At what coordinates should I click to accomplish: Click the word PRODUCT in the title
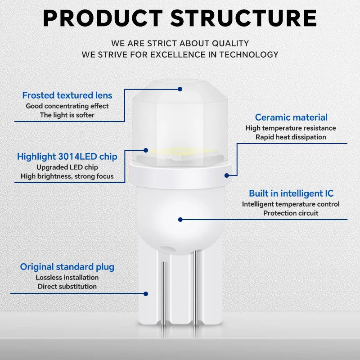(103, 18)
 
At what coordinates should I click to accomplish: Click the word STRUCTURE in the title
(243, 18)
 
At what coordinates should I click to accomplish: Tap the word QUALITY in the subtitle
(230, 43)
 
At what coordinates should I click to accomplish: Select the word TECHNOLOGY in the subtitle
(249, 54)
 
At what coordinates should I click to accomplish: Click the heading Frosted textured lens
(67, 95)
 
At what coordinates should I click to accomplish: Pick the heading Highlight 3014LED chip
(67, 157)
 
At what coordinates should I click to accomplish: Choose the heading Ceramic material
(291, 117)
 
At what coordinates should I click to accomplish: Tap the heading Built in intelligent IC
(291, 193)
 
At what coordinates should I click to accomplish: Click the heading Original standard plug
(67, 267)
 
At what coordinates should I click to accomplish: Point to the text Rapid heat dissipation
(291, 137)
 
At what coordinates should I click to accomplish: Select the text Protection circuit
(291, 213)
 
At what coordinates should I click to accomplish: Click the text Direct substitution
(67, 286)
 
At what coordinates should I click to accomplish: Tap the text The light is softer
(67, 115)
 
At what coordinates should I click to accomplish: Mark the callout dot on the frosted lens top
(180, 89)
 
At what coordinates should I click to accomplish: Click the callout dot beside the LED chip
(146, 150)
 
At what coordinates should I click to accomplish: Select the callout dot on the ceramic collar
(227, 175)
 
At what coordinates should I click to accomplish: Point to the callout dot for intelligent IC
(180, 220)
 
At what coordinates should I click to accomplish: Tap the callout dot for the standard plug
(146, 294)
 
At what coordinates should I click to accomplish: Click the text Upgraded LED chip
(67, 167)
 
